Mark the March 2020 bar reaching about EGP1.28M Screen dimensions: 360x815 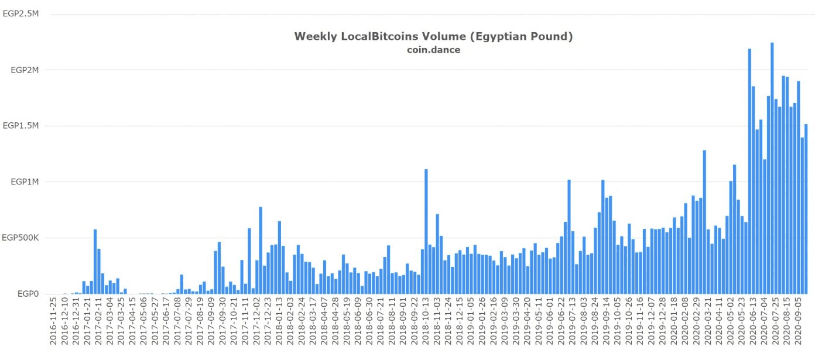[704, 222]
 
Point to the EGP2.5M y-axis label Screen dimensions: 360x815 [21, 14]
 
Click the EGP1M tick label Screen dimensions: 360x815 [25, 182]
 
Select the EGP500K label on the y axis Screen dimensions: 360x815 [21, 238]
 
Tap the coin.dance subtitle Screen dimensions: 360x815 [433, 50]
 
